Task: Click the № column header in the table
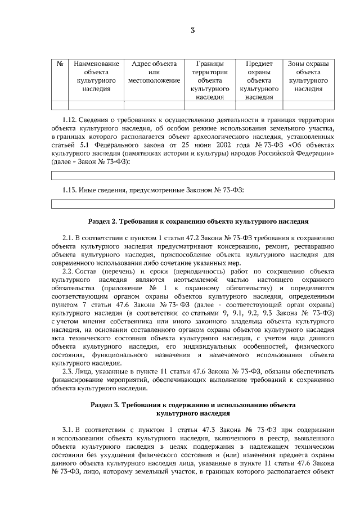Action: (x=60, y=64)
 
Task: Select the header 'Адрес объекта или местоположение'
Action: (x=154, y=72)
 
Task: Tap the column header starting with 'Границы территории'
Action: (x=210, y=80)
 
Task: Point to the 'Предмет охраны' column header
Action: (x=259, y=80)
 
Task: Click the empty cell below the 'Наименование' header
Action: (x=96, y=105)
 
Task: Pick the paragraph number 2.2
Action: (x=68, y=272)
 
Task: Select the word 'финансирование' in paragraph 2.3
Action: (x=76, y=380)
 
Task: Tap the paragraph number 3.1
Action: (x=68, y=429)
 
